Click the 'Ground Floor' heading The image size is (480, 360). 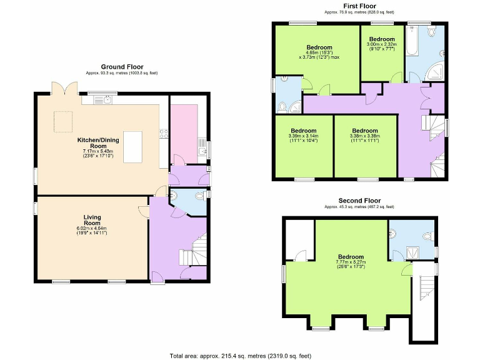click(122, 66)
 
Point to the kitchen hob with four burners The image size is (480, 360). click(164, 132)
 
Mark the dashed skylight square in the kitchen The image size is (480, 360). click(63, 121)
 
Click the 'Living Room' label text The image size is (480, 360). click(92, 220)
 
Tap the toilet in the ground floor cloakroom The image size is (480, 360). click(199, 196)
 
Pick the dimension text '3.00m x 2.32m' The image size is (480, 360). click(381, 44)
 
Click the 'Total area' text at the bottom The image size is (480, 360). click(241, 355)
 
